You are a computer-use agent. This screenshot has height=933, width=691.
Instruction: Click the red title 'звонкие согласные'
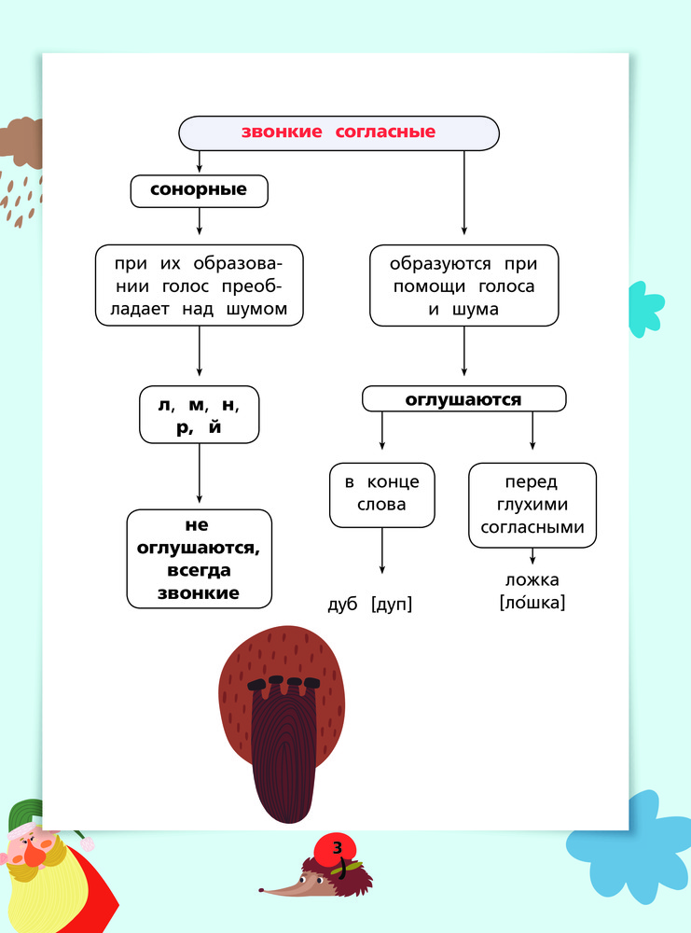pos(339,132)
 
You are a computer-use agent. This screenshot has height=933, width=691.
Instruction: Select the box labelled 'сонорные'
pos(200,191)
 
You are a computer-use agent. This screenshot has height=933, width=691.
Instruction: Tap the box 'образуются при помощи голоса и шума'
pos(463,285)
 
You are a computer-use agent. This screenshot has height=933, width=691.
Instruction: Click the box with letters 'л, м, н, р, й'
pos(200,415)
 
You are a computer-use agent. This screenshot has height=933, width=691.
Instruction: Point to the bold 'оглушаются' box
pos(463,398)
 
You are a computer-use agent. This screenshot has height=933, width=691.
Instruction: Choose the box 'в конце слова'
pos(381,495)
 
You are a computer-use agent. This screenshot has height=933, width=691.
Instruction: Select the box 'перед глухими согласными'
pos(532,505)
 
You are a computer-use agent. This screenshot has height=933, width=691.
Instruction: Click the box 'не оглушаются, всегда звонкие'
pos(200,559)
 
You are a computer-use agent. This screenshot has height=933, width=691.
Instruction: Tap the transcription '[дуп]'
pos(392,604)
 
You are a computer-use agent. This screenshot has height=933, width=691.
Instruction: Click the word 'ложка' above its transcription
pos(532,579)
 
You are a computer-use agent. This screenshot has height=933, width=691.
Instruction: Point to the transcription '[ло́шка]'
pos(532,602)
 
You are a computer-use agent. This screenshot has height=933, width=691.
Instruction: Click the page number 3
pos(338,847)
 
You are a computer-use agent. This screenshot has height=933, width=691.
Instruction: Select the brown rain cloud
pos(21,143)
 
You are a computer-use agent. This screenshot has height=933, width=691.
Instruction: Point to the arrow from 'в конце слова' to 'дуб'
pos(381,551)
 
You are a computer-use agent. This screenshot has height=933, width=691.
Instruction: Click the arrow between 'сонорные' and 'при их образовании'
pos(200,221)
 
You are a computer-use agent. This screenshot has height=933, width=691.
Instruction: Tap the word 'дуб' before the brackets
pos(342,604)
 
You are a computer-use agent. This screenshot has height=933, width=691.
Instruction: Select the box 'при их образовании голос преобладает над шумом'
pos(200,285)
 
